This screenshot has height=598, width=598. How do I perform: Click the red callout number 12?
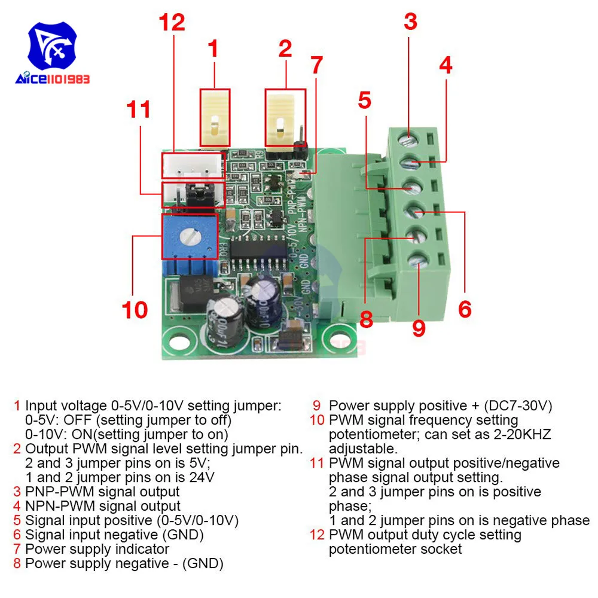tap(172, 22)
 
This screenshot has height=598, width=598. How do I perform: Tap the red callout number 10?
tap(135, 310)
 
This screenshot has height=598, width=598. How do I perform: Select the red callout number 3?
tap(410, 22)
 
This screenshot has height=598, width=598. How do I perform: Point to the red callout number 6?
tap(465, 309)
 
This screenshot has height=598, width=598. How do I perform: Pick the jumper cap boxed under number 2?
tap(285, 117)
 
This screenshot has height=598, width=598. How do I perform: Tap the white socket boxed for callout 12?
tap(193, 165)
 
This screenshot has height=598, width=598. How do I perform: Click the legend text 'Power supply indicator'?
tap(97, 548)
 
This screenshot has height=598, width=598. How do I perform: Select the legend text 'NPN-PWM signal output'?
tap(102, 506)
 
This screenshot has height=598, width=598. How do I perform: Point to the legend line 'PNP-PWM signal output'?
tap(102, 492)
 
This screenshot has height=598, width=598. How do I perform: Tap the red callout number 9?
tap(419, 328)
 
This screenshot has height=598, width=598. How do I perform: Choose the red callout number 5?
tap(364, 100)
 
